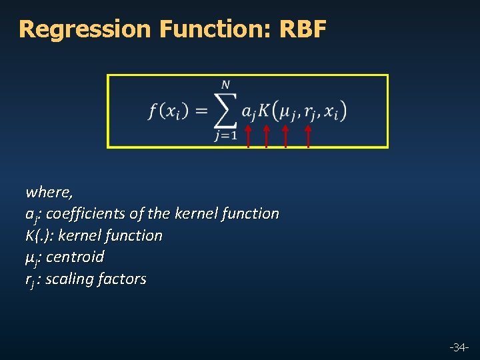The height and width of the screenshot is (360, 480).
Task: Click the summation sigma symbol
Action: click(x=226, y=111)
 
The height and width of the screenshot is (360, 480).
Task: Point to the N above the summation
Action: click(x=226, y=85)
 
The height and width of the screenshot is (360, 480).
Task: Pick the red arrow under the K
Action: click(x=266, y=135)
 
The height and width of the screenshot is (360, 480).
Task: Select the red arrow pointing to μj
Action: click(x=285, y=135)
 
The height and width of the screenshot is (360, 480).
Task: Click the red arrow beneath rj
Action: click(x=308, y=135)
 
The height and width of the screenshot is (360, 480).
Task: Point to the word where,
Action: click(x=49, y=193)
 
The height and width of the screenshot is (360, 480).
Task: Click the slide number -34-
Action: click(x=459, y=347)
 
